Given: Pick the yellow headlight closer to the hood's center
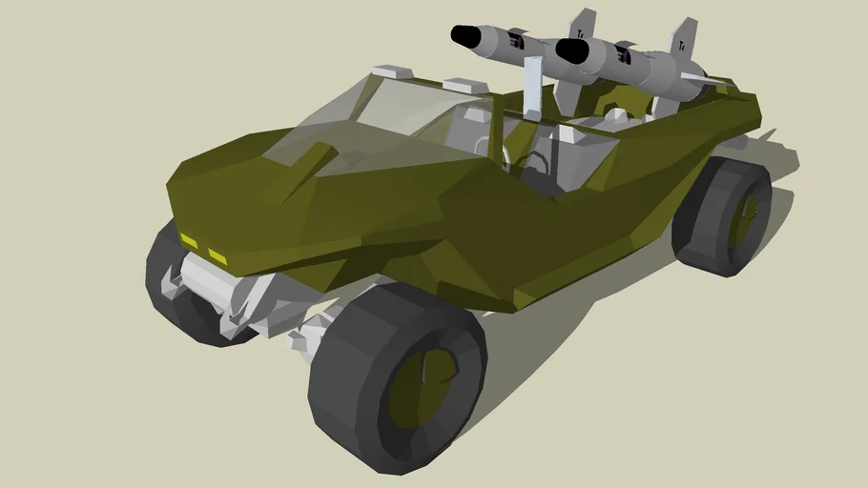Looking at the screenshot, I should coord(218,256).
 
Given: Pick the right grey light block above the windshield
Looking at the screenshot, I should coord(467,87).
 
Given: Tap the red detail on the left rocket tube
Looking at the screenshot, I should coord(518,41).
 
